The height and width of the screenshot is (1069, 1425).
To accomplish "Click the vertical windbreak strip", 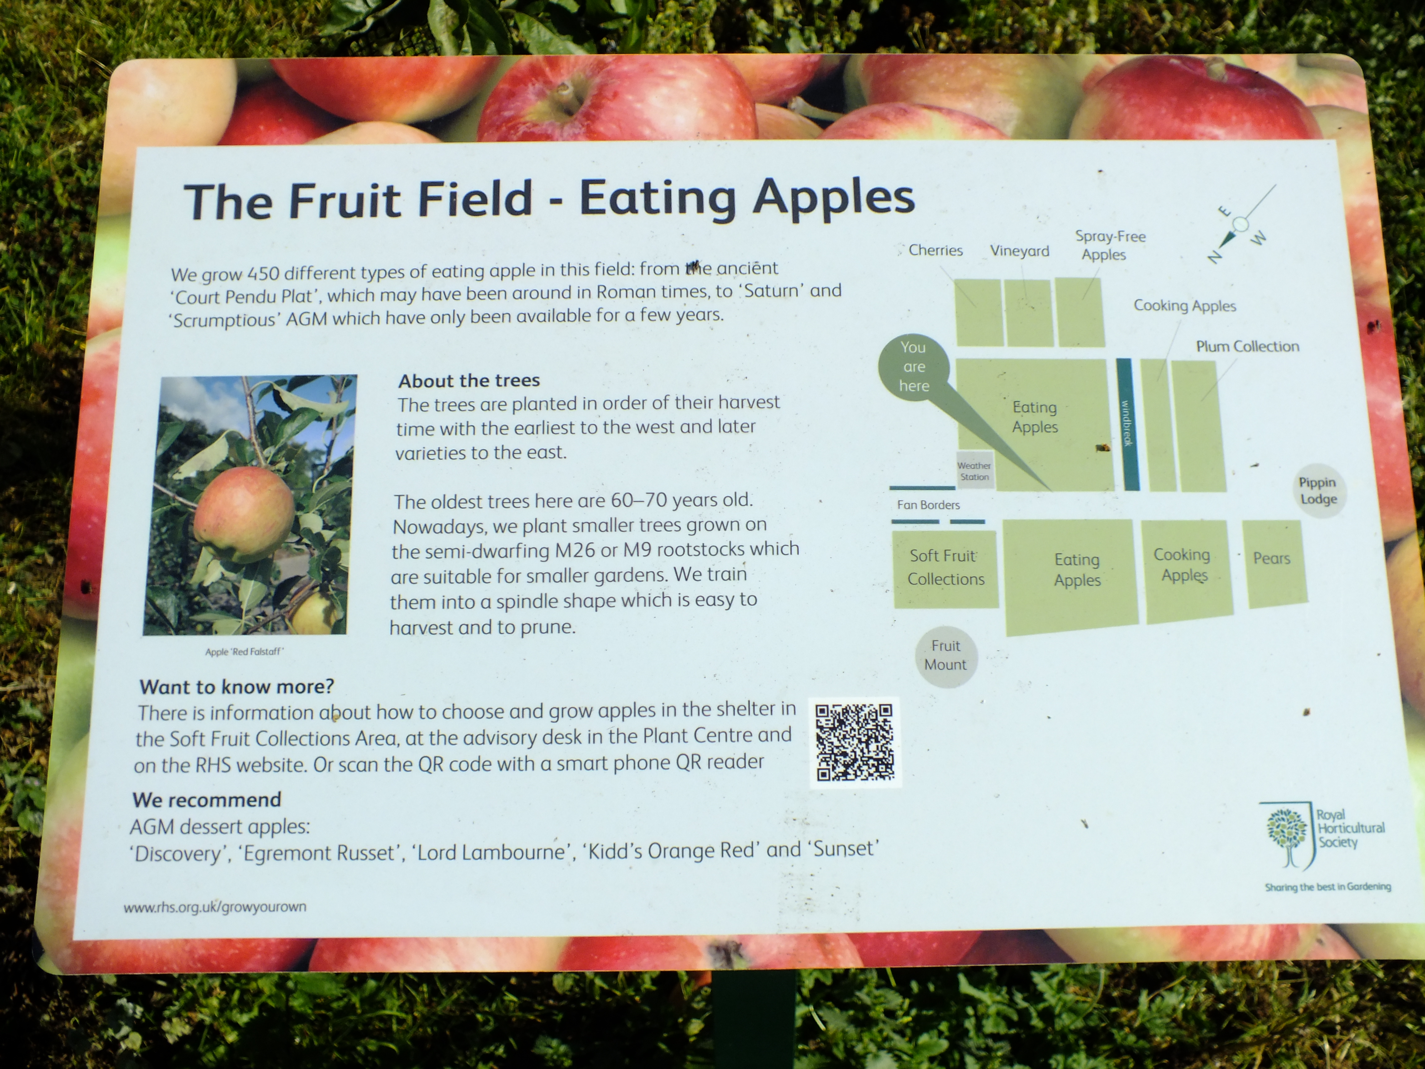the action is tap(1128, 424).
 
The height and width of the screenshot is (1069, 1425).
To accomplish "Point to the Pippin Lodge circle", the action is tap(1318, 490).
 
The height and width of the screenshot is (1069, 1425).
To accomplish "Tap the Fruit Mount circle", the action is tap(946, 656).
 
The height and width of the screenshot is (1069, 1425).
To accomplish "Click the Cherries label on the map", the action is tap(935, 250).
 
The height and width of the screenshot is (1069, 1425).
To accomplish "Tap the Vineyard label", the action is tap(1020, 251).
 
